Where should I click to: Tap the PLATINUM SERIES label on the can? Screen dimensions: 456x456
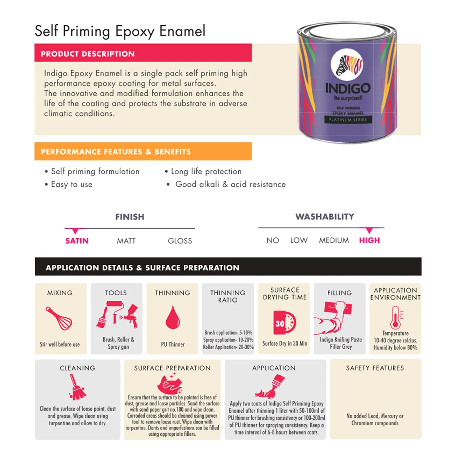coord(348,119)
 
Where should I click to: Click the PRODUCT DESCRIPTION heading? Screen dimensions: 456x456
coord(88,54)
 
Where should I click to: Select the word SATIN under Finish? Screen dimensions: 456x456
coord(77,241)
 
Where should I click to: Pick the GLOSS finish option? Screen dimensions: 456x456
coord(180,241)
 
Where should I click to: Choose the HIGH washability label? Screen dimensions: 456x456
coord(369,240)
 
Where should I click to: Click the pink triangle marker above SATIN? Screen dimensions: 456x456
coord(75,231)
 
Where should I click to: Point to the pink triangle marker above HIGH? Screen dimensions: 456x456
coord(369,230)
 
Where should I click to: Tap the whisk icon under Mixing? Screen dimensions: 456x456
coord(59,318)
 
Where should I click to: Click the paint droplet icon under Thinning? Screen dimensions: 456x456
coord(173,317)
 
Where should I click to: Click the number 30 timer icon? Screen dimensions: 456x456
coord(284,323)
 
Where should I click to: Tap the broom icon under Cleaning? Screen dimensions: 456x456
coord(77,387)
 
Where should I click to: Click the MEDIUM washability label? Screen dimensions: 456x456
coord(334,240)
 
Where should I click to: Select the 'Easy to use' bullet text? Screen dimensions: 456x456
coord(72,184)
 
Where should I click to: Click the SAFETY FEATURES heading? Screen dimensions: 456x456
coord(375,368)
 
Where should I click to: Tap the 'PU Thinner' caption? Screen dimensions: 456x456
coord(173,344)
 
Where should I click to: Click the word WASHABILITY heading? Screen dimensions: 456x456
coord(325,217)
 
